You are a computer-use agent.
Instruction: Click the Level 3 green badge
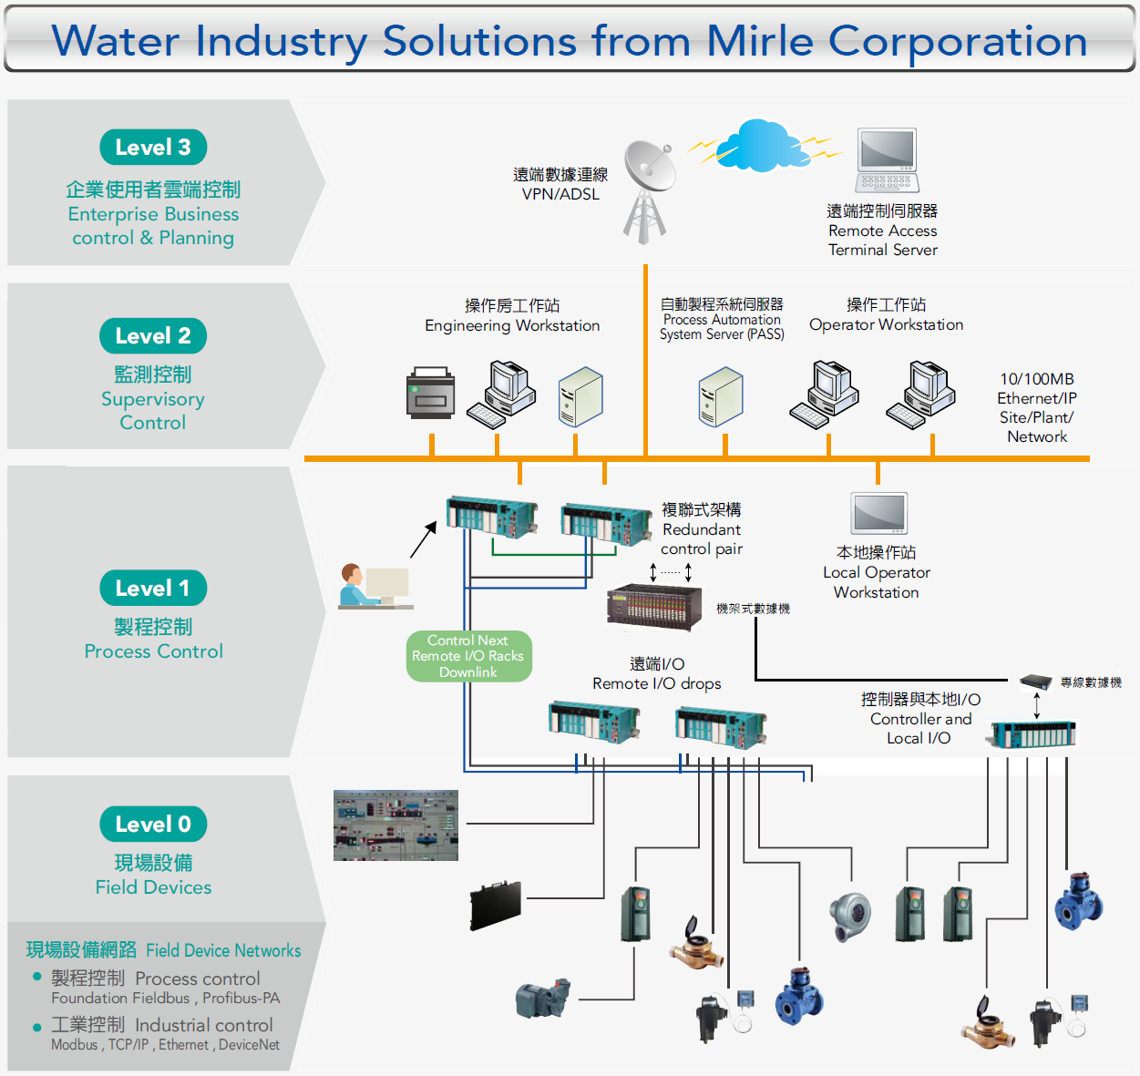click(x=153, y=148)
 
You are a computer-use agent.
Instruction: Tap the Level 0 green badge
click(x=153, y=825)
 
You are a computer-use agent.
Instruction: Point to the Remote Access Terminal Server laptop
click(x=886, y=160)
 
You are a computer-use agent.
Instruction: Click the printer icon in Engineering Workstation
click(x=430, y=394)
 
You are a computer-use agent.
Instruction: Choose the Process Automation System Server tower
click(x=721, y=396)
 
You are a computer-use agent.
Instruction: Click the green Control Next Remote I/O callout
click(x=468, y=656)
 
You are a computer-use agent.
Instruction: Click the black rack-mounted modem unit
click(x=654, y=605)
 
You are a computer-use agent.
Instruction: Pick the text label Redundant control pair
click(x=702, y=539)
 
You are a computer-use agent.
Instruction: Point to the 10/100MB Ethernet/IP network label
click(x=1037, y=407)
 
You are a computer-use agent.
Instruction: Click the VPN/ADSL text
click(x=560, y=194)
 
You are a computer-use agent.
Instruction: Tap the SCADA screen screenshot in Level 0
click(x=395, y=825)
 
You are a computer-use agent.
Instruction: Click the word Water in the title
click(x=115, y=41)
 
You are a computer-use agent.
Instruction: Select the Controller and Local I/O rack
click(x=1033, y=734)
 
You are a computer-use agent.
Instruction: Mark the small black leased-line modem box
click(x=1036, y=681)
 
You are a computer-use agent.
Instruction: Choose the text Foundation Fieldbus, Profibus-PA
click(x=166, y=999)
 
